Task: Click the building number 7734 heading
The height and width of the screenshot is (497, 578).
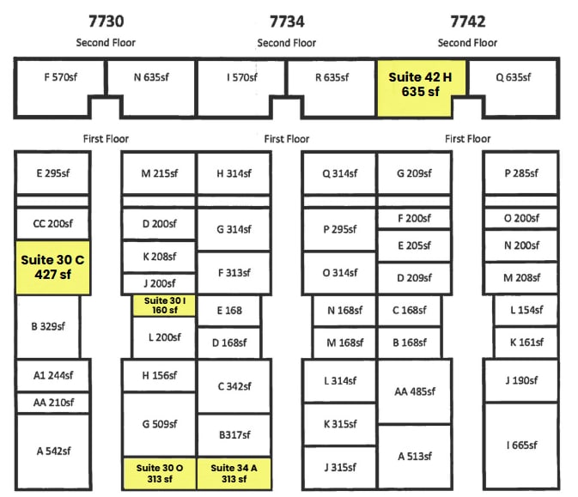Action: [287, 21]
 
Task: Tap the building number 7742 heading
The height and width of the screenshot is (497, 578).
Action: [467, 21]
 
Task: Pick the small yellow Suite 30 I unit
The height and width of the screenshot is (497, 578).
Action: [165, 306]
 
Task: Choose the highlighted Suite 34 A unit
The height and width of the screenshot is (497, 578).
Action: [234, 473]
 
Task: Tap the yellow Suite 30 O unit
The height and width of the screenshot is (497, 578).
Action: [160, 473]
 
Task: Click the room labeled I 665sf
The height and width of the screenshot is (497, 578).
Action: [520, 445]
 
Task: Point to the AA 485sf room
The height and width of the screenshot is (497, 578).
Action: [414, 391]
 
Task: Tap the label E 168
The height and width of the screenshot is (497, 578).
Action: [228, 311]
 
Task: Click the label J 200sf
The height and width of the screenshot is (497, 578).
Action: [160, 283]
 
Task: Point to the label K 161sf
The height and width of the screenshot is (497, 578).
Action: [525, 342]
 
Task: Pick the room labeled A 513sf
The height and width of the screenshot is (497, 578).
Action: [414, 456]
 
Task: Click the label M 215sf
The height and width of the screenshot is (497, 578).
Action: [160, 173]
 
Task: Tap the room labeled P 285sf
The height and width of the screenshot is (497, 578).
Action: [520, 173]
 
